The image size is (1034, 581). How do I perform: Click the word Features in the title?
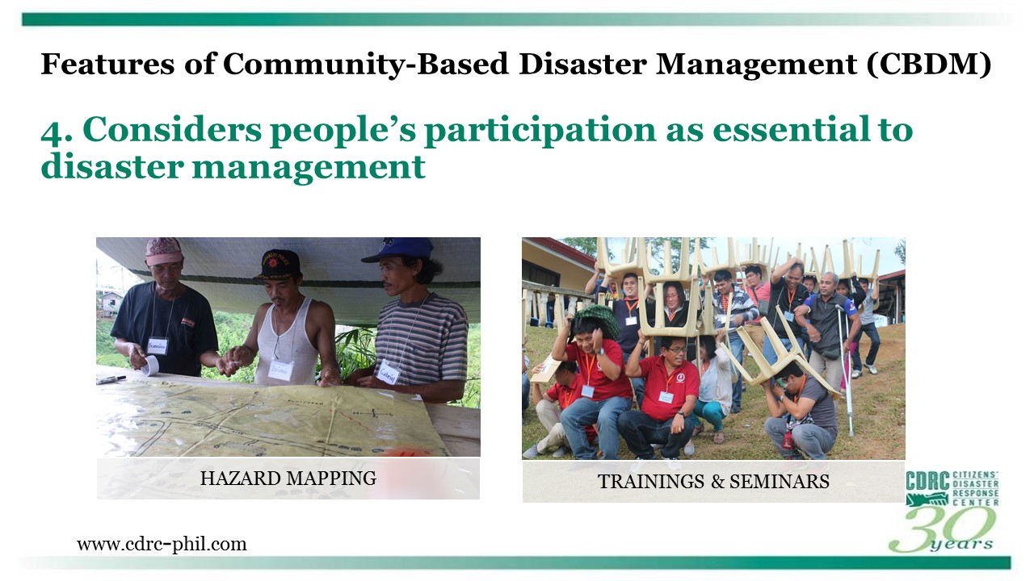coord(107,64)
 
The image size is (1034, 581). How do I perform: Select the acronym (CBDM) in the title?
coord(929,65)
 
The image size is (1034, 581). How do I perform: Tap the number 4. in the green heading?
coord(57,132)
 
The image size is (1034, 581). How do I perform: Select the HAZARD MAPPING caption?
coord(288,479)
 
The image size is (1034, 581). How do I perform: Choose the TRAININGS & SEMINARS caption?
coord(713,482)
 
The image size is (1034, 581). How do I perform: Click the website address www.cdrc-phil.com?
coord(162,544)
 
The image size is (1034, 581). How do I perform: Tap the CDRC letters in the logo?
coord(927,482)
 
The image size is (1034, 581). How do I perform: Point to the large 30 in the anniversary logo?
coord(942,529)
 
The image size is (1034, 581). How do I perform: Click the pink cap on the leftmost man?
coord(164,250)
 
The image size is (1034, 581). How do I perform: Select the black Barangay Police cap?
coord(279,264)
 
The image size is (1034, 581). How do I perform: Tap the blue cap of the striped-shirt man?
coord(400,249)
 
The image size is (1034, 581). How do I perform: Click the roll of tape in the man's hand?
coord(149,365)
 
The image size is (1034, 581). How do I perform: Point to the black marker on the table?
coord(111,379)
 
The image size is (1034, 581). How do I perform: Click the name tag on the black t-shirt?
coord(158,346)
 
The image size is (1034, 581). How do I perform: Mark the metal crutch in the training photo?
coord(846,370)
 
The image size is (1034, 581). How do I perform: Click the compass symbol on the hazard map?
coord(373,412)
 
